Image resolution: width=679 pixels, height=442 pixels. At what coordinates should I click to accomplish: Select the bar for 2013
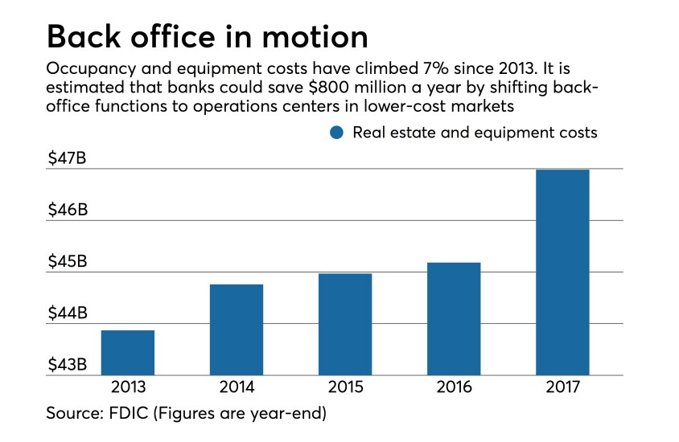coord(128,352)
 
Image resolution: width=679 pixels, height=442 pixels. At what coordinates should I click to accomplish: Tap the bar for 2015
coord(344,324)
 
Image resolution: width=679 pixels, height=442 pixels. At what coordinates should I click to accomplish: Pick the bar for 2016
coord(453,318)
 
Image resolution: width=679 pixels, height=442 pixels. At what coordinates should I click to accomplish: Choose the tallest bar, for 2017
coord(562,272)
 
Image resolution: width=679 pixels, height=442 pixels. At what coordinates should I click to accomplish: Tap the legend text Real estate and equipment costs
coord(475,133)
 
